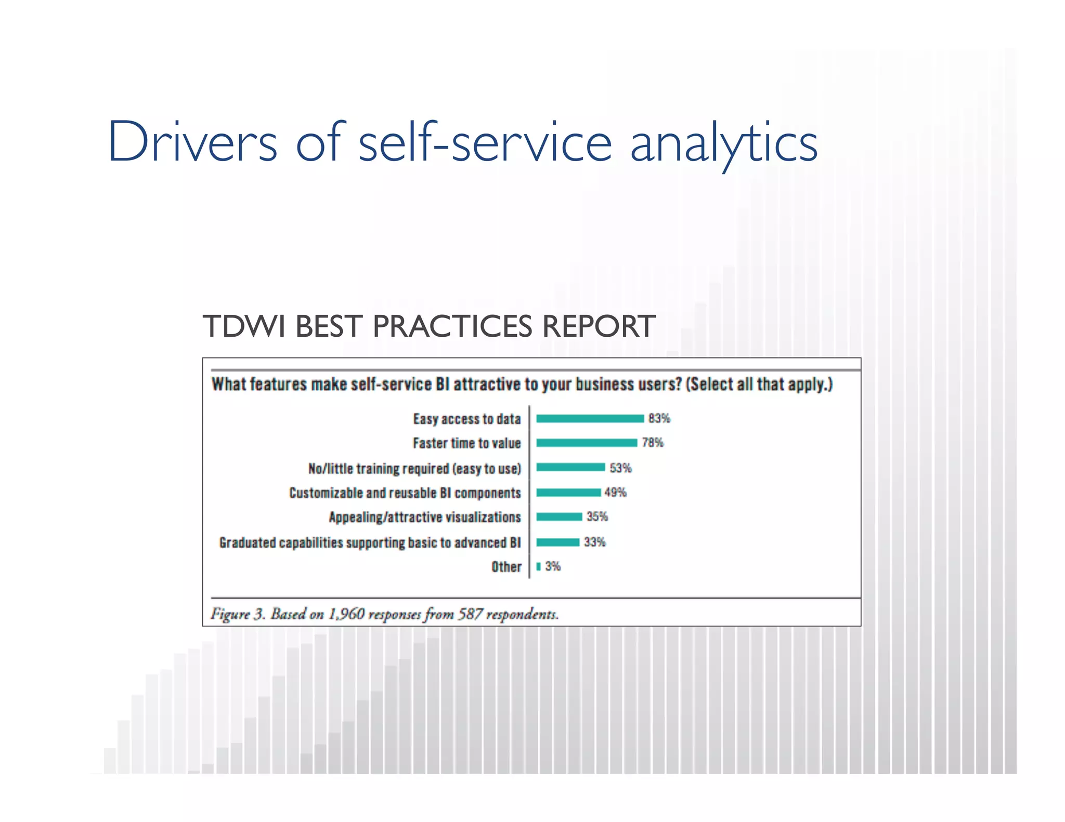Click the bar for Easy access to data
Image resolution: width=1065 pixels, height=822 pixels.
(590, 419)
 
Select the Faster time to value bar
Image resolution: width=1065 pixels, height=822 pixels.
(587, 443)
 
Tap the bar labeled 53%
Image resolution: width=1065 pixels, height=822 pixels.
(570, 468)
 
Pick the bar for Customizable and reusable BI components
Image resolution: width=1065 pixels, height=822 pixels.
(568, 492)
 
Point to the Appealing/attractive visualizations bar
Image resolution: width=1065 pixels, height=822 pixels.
(559, 516)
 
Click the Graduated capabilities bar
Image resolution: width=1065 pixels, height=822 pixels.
(557, 542)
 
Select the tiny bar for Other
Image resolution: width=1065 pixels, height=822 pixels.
(539, 566)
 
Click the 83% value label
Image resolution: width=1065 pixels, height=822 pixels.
(659, 418)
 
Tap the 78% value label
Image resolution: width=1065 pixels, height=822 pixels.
(653, 443)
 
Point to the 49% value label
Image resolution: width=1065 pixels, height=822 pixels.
(616, 492)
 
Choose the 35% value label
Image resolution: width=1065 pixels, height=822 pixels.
(597, 516)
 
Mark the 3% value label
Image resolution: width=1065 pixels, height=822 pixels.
(553, 566)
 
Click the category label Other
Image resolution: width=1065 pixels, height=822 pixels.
(506, 567)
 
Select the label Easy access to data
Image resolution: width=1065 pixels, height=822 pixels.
(466, 419)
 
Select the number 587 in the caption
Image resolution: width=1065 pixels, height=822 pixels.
(470, 614)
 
